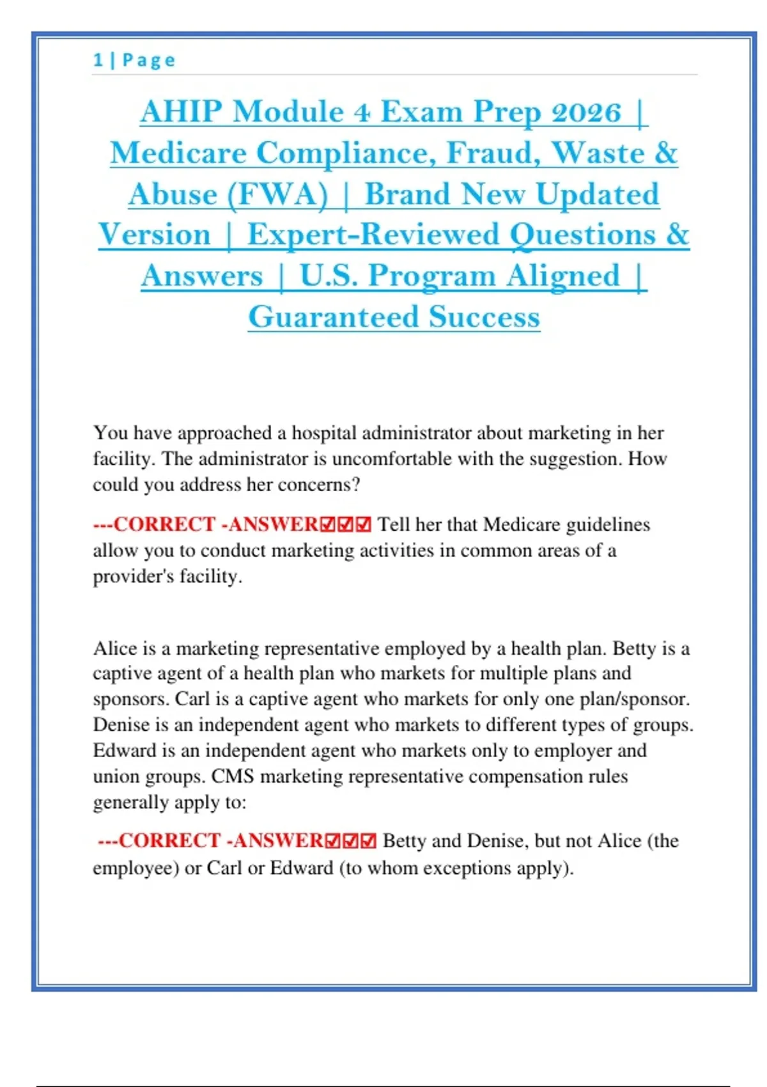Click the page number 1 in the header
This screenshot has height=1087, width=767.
(98, 60)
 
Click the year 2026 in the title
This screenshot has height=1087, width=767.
(586, 112)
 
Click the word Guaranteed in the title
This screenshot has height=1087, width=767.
(333, 317)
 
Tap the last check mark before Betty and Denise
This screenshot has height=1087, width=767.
(369, 841)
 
